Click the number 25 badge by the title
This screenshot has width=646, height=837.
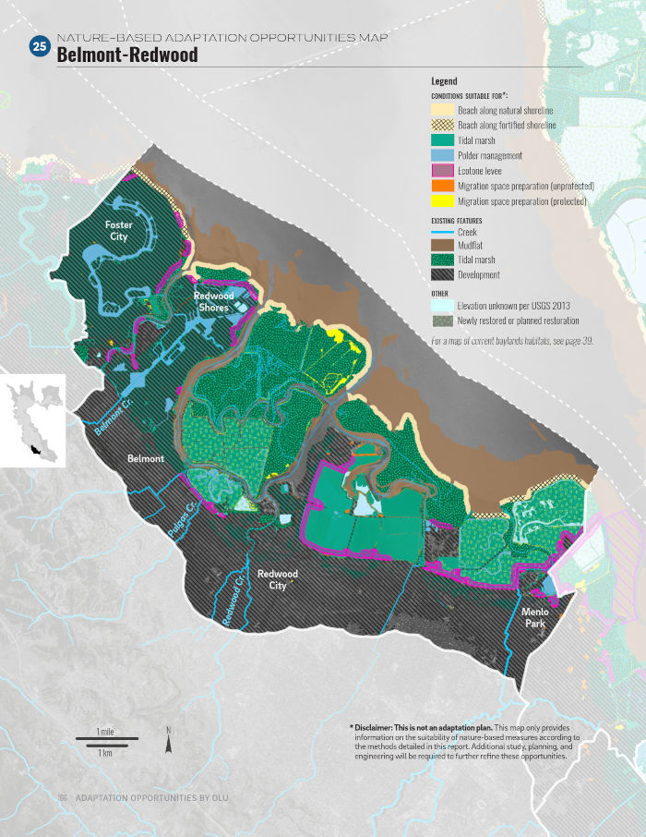40,47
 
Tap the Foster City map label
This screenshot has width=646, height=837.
119,231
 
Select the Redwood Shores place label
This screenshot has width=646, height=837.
213,302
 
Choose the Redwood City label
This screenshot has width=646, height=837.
277,579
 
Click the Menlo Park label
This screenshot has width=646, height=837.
533,618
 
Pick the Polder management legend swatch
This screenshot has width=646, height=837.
442,155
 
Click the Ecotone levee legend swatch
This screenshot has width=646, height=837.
442,170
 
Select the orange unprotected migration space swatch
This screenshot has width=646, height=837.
442,185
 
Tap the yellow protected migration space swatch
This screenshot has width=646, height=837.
442,200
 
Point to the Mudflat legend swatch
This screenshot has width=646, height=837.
442,246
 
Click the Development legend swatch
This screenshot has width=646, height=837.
442,274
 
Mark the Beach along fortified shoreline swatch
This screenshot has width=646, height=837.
442,125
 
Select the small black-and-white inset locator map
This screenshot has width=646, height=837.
33,420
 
